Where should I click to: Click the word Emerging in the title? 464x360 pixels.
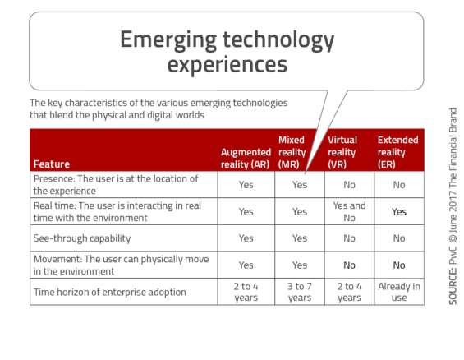[x=168, y=40]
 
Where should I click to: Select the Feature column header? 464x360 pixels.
[x=52, y=164]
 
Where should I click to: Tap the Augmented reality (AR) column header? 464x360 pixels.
[x=246, y=158]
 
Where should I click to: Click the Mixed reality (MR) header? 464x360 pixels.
[x=292, y=152]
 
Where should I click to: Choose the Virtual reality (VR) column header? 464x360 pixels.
[x=342, y=152]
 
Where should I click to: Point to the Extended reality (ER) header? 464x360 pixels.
[x=397, y=152]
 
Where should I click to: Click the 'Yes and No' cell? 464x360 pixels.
[x=349, y=211]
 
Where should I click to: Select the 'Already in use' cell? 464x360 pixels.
[x=399, y=292]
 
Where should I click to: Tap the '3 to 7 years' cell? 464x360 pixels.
[x=300, y=292]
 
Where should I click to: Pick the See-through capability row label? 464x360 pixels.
[x=82, y=238]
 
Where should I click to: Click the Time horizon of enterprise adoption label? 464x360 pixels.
[x=110, y=292]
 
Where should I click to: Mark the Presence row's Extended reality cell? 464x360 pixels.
[x=399, y=185]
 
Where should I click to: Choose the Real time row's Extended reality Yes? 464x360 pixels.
[x=399, y=212]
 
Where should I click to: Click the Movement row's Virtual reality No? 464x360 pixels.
[x=349, y=265]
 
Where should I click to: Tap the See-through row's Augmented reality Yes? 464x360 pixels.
[x=246, y=238]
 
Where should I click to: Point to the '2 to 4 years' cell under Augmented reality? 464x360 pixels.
[x=246, y=292]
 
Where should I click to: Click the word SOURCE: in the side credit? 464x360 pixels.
[x=453, y=286]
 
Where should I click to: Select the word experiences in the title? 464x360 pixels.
[x=227, y=64]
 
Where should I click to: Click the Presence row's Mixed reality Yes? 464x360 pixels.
[x=300, y=185]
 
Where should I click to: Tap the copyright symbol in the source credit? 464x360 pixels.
[x=453, y=238]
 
